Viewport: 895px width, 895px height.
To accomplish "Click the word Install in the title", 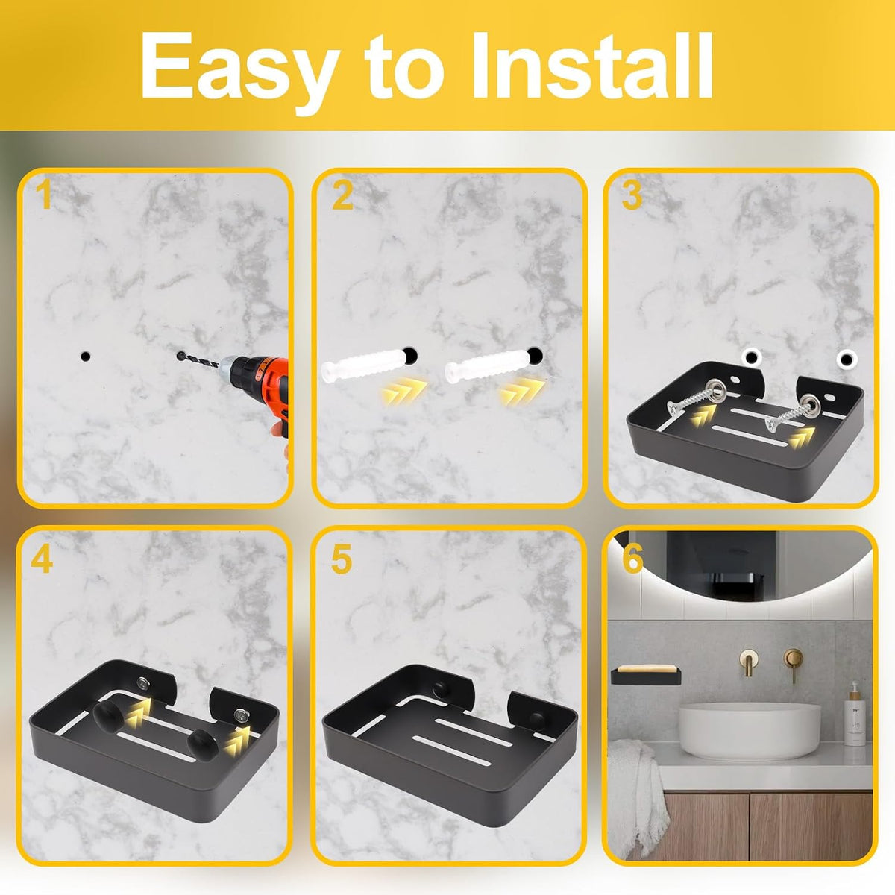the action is coord(592,65).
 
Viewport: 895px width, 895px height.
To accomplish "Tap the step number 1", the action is coord(45,195).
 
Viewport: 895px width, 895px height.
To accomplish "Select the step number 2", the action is coord(342,195).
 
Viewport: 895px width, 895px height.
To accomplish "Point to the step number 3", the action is coord(632,195).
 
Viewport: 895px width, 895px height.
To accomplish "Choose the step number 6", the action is coord(632,559).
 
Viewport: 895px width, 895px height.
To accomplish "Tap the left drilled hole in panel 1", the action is coord(86,357).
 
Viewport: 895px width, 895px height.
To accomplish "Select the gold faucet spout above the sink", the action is coord(748,662).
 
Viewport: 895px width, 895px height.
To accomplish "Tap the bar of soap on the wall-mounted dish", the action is coord(646,669).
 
